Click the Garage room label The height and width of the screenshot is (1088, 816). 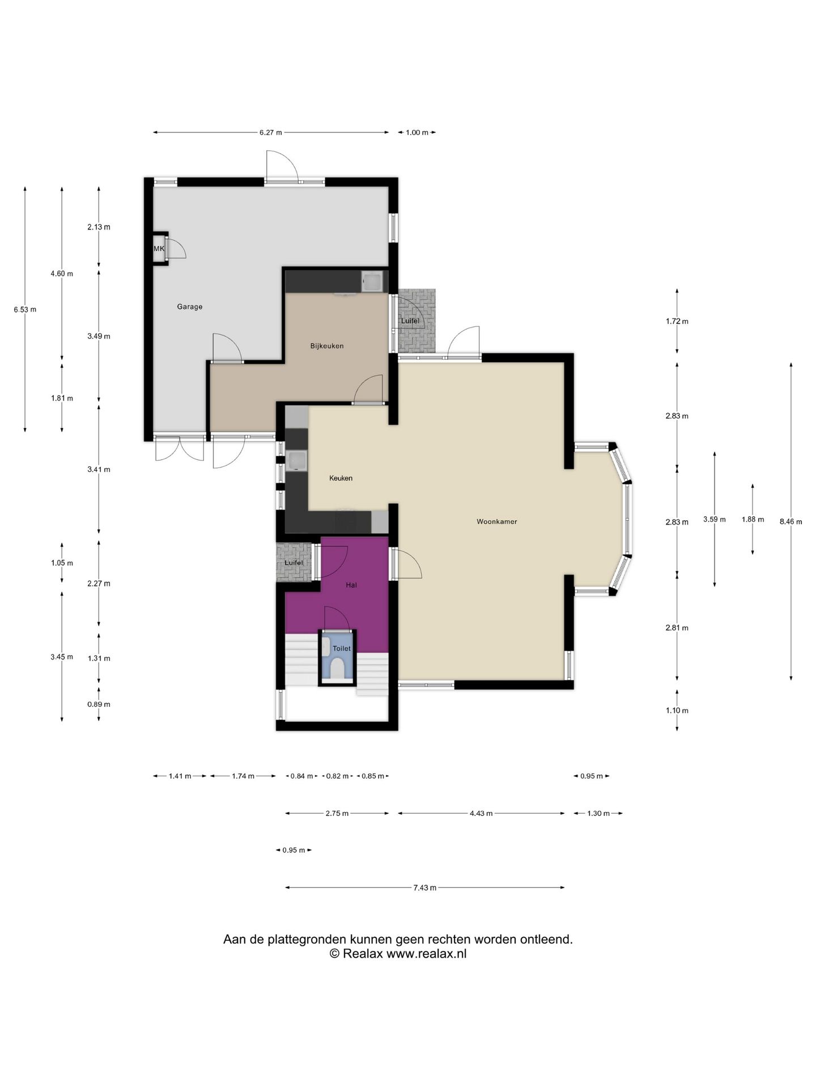189,307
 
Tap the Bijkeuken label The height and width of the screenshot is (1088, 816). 327,346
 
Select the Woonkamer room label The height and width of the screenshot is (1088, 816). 497,521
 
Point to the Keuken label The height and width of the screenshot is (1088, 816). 341,478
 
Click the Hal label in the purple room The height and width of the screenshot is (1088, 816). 351,585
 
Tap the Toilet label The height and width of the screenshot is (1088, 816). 342,648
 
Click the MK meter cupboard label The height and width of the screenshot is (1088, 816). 159,249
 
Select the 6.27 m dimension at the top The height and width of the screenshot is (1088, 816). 271,133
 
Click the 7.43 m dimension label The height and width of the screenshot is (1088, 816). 425,887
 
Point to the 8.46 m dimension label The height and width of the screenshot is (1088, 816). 791,522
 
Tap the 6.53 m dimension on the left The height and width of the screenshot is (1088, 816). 25,309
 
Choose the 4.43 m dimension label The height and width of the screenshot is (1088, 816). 481,813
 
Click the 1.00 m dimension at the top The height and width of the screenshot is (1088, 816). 417,133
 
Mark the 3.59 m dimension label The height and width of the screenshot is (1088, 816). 715,519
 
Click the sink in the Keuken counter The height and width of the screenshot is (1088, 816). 296,461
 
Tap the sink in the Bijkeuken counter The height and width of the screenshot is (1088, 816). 372,281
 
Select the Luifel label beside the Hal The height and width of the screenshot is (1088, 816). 294,563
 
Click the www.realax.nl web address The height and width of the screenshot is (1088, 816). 427,953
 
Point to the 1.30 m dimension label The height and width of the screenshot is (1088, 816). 598,813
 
